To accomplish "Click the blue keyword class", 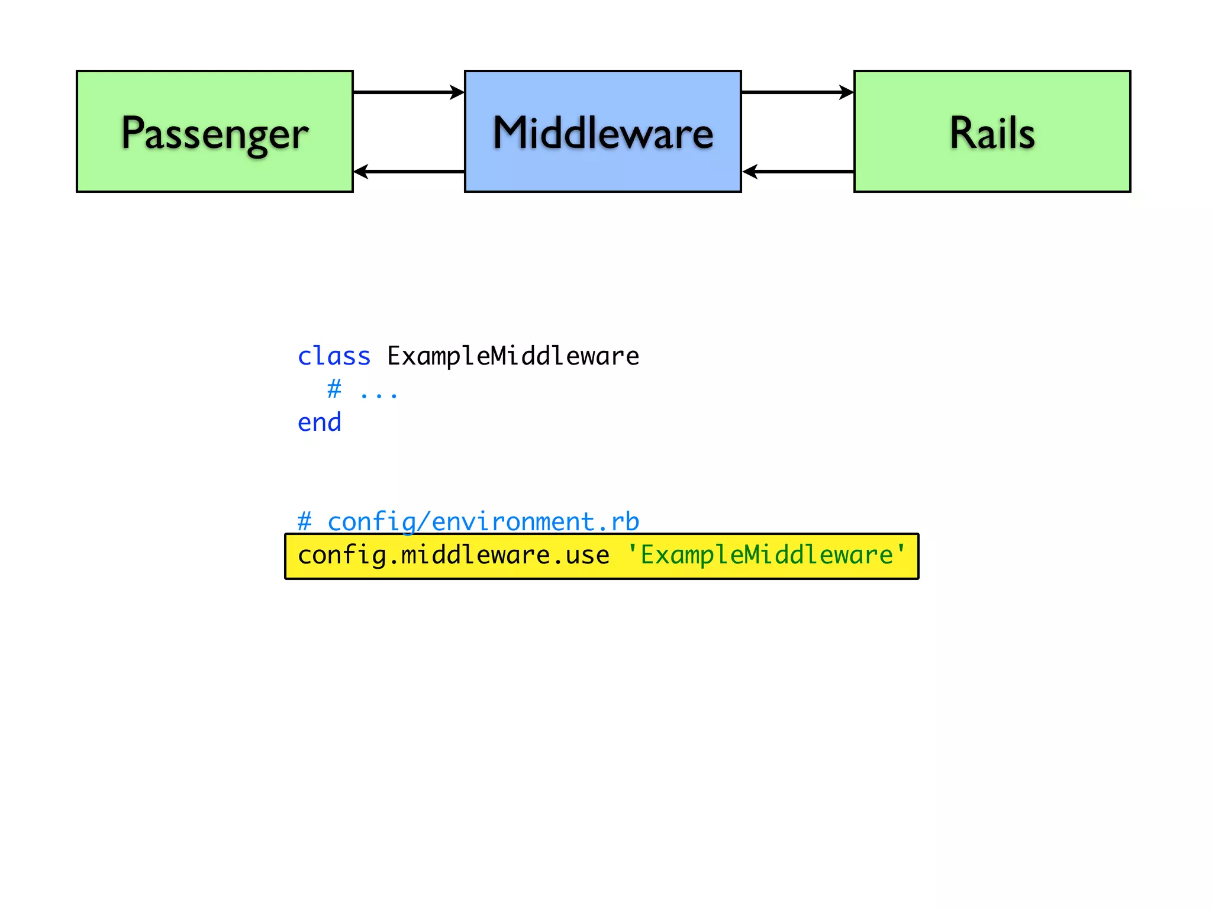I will point(334,356).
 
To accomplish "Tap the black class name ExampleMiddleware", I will point(512,356).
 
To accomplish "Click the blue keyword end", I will point(319,423).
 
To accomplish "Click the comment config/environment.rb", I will point(483,521).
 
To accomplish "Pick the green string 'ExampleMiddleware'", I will point(766,555).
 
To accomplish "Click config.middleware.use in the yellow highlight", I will point(453,555).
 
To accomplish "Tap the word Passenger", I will point(214,134).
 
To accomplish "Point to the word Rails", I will point(992,133).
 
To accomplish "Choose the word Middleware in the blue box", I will point(602,133).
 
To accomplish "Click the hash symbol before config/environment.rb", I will point(304,521).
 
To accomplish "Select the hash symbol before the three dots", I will point(334,389).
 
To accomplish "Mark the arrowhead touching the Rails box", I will point(847,92).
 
